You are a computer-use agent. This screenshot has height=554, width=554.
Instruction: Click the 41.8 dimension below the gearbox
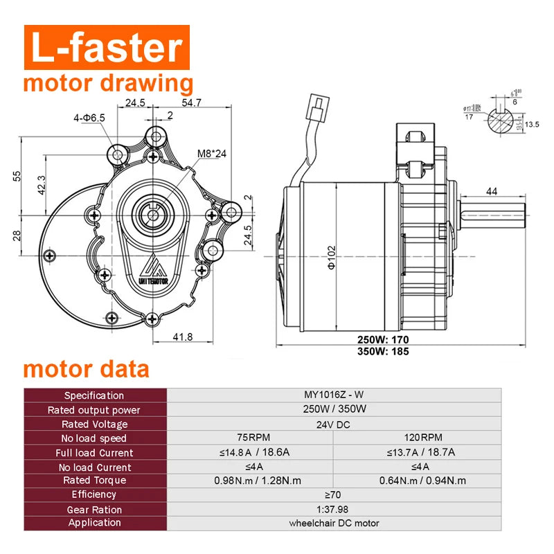[182, 337]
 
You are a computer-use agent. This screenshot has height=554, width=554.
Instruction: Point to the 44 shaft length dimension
[492, 191]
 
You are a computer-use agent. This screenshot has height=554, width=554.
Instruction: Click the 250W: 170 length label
[383, 339]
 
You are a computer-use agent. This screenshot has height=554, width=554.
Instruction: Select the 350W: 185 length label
[383, 352]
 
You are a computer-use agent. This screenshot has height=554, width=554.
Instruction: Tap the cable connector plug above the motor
[318, 111]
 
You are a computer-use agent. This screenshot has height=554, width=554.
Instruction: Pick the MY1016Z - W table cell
[334, 395]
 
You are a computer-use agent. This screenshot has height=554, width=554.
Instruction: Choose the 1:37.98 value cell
[334, 510]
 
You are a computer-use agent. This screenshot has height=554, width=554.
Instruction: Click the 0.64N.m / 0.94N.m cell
[422, 481]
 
